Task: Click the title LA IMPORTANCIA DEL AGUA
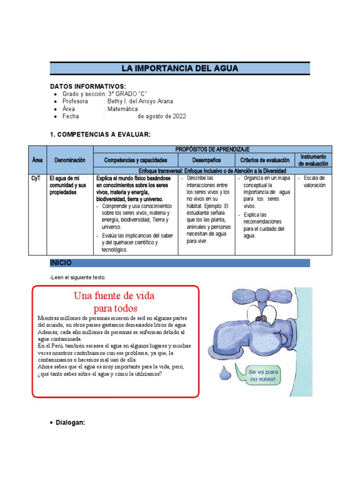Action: tap(180, 68)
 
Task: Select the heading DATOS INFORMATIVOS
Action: tap(88, 87)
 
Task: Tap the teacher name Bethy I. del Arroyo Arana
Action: tap(140, 101)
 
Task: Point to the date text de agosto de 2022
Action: tap(161, 116)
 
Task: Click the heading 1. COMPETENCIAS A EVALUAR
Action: tap(100, 135)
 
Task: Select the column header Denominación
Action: tap(70, 160)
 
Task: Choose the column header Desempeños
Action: tap(206, 160)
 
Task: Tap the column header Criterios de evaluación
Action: tap(265, 160)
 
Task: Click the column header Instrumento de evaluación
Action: tap(313, 160)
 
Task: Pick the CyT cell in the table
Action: tap(37, 179)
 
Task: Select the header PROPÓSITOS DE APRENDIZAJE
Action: tap(212, 149)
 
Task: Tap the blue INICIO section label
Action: tap(61, 262)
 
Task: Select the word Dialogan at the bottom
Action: tap(70, 422)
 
